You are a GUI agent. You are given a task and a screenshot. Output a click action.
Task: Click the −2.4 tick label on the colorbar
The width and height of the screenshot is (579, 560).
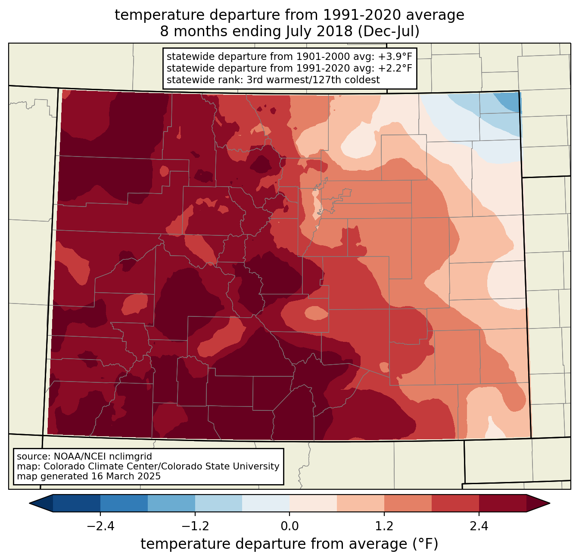click(100, 526)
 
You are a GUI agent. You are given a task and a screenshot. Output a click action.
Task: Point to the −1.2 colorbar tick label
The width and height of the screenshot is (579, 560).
click(195, 526)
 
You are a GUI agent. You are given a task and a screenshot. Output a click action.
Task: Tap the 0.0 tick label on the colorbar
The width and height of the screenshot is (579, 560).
click(289, 526)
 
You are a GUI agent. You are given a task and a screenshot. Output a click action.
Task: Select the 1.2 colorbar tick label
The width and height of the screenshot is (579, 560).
click(384, 526)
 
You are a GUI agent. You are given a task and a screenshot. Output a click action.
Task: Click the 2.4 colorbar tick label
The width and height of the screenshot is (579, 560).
click(479, 526)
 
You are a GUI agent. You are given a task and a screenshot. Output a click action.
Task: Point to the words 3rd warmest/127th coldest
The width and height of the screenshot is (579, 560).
click(313, 80)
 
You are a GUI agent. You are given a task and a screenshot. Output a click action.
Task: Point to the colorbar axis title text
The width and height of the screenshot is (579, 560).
click(289, 544)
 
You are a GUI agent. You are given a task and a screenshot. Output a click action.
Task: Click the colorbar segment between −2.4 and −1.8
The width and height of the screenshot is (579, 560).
click(124, 503)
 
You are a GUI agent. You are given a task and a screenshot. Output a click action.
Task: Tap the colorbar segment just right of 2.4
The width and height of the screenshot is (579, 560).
click(502, 503)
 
